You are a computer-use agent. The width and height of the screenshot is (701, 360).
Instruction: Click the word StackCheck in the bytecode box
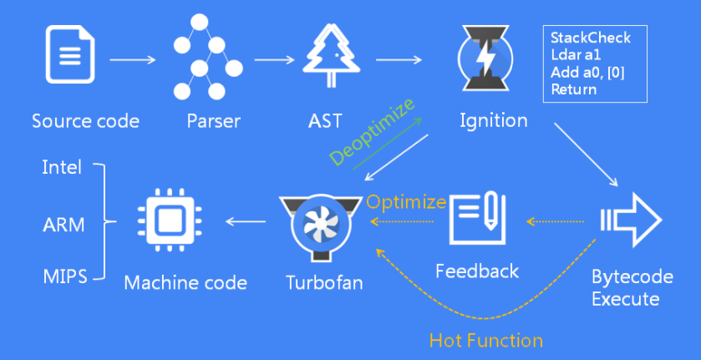591,38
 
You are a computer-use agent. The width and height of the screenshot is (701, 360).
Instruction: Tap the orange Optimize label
407,201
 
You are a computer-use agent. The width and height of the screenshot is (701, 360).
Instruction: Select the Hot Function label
485,340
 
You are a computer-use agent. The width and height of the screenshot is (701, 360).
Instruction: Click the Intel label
62,167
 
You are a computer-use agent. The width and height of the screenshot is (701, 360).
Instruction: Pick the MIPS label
64,276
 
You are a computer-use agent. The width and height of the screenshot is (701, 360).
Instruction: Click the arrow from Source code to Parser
133,60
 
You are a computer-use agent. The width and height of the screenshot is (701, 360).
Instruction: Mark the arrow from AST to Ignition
398,60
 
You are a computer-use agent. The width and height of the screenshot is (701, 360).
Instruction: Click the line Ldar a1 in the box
576,55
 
